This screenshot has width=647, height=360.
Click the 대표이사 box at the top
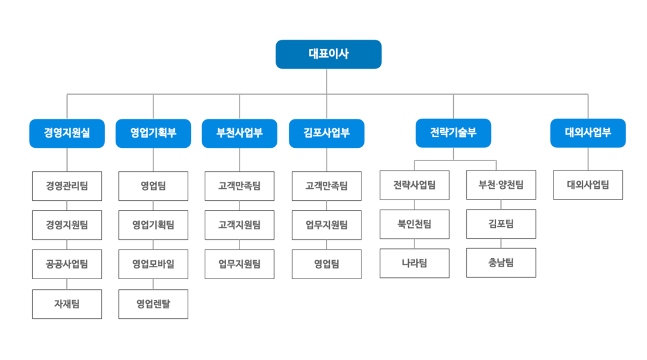tap(329, 54)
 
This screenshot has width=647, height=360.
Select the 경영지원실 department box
tap(67, 133)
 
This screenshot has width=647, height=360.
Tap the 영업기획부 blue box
tap(153, 133)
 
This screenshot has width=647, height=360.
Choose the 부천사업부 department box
tap(239, 133)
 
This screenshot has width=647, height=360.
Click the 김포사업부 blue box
tap(327, 133)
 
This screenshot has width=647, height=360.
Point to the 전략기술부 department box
tap(453, 133)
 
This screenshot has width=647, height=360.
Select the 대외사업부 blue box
tap(588, 133)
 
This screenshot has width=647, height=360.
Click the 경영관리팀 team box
tap(67, 186)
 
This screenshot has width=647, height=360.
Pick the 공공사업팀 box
tap(67, 264)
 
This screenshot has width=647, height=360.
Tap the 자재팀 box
tap(67, 304)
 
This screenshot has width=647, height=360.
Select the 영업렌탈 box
tap(153, 304)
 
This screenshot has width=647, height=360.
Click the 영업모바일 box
tap(153, 264)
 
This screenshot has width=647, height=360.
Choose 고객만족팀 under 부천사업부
tap(239, 186)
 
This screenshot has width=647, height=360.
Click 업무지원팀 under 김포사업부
tap(327, 225)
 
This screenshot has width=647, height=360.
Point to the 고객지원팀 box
tap(239, 225)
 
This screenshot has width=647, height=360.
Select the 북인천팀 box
tap(414, 224)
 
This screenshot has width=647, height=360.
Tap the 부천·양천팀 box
tap(501, 185)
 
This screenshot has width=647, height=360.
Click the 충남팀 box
tap(501, 263)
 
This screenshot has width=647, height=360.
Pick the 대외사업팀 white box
tap(588, 185)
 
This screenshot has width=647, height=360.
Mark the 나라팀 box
tap(414, 263)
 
